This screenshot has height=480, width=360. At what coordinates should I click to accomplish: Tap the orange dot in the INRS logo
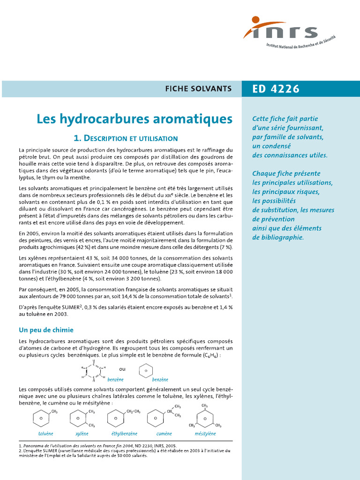pyautogui.click(x=255, y=20)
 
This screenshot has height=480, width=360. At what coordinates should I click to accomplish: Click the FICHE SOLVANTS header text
pyautogui.click(x=205, y=89)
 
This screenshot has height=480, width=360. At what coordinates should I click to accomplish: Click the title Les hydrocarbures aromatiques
pyautogui.click(x=135, y=119)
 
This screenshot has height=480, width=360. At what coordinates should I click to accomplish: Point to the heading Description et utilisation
pyautogui.click(x=126, y=138)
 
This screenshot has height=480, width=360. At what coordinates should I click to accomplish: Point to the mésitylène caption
pyautogui.click(x=205, y=434)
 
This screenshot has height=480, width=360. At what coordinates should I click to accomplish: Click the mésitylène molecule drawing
pyautogui.click(x=204, y=416)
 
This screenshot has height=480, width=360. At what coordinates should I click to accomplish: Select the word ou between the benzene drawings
pyautogui.click(x=122, y=368)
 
